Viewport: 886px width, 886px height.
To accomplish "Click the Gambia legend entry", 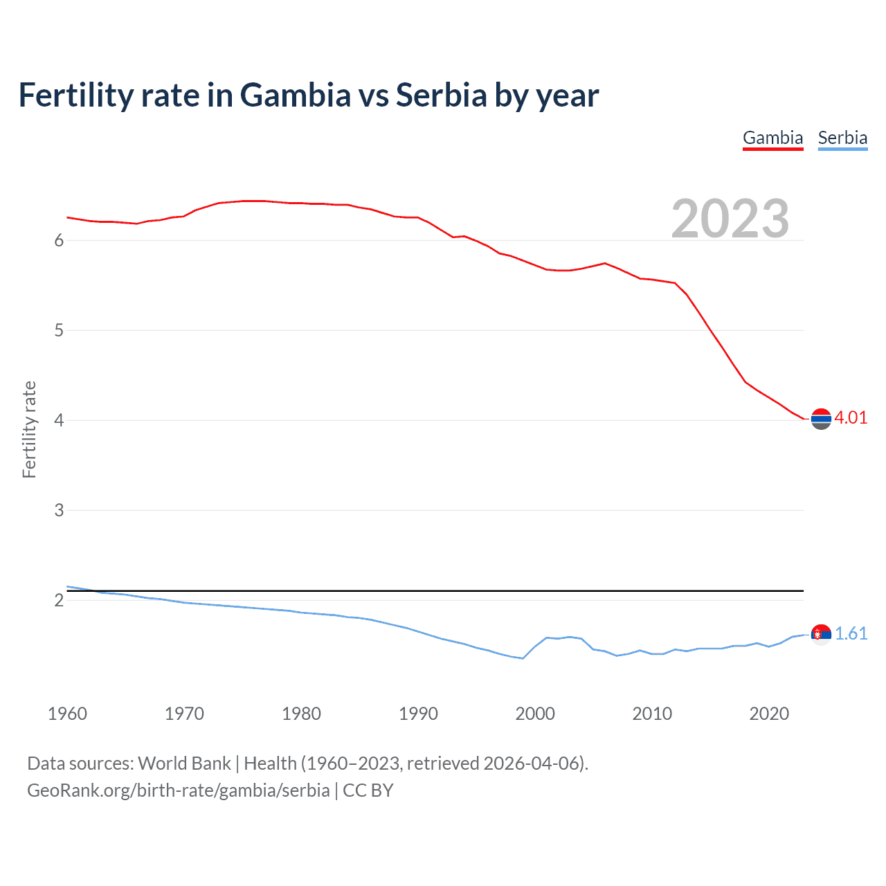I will (772, 138).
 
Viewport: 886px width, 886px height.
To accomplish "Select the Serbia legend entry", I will (842, 138).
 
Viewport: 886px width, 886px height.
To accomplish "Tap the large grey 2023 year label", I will (730, 219).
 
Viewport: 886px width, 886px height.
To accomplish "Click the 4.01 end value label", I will (851, 417).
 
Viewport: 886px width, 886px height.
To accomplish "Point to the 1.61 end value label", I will (851, 633).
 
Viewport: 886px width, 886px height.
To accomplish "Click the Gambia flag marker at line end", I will (821, 419).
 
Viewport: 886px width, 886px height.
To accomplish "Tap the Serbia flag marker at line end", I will (821, 634).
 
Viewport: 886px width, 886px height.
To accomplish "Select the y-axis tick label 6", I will (59, 240).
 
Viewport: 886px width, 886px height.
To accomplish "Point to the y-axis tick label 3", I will (59, 510).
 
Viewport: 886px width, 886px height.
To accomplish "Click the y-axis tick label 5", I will (59, 330).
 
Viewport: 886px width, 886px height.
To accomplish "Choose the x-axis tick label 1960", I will (67, 714).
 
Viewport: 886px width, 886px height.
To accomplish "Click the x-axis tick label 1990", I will (418, 714).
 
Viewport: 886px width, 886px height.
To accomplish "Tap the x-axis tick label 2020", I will (769, 714).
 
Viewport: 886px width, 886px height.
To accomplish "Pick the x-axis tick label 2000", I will (535, 714).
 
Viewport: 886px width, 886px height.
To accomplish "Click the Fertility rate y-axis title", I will (29, 429).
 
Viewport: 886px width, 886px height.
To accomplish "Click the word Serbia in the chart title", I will (442, 96).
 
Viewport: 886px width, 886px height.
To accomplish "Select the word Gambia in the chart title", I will (296, 96).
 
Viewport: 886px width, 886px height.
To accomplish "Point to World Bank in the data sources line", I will (184, 763).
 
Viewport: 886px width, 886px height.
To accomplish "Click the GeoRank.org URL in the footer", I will (179, 790).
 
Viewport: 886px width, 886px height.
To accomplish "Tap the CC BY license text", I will (368, 790).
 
